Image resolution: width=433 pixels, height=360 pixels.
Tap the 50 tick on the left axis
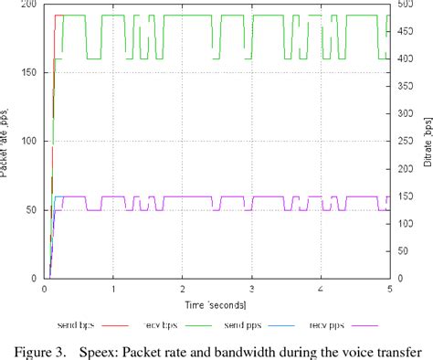click(30, 210)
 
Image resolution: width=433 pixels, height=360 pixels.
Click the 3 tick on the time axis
click(251, 289)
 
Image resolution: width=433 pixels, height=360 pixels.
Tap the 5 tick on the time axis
click(389, 289)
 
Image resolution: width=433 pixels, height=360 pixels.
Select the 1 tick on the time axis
click(113, 289)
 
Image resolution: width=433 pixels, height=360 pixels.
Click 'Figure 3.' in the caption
click(46, 348)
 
